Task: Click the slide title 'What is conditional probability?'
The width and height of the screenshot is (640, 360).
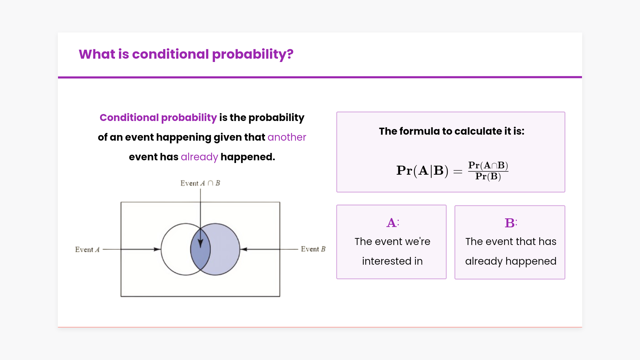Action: click(x=186, y=54)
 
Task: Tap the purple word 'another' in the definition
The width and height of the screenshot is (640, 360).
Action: click(x=287, y=137)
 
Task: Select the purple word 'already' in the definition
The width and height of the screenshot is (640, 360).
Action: click(x=199, y=157)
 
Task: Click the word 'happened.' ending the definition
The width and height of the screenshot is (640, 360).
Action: click(x=248, y=157)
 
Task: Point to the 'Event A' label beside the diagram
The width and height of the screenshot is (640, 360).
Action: click(x=87, y=249)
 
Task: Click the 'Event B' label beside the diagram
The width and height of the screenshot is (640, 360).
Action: click(x=313, y=249)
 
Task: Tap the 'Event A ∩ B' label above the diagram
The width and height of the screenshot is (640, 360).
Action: click(x=200, y=183)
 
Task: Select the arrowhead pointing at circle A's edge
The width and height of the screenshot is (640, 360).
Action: click(x=157, y=249)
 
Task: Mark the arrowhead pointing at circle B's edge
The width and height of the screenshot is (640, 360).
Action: click(x=244, y=249)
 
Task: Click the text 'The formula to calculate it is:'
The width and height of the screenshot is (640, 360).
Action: click(x=452, y=131)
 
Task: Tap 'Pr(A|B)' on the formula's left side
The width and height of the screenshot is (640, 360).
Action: click(x=422, y=171)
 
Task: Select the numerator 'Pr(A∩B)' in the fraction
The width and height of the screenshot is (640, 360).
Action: click(x=488, y=165)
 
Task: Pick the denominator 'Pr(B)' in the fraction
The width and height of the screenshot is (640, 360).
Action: click(x=488, y=176)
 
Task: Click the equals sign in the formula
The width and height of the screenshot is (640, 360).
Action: click(x=458, y=172)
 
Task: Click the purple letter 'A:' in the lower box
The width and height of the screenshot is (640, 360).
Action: click(x=393, y=223)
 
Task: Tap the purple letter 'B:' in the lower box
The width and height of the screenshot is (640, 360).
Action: click(x=511, y=223)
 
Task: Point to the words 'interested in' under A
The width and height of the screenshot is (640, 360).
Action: click(x=392, y=261)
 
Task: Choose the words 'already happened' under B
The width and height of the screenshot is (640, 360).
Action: click(x=511, y=261)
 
